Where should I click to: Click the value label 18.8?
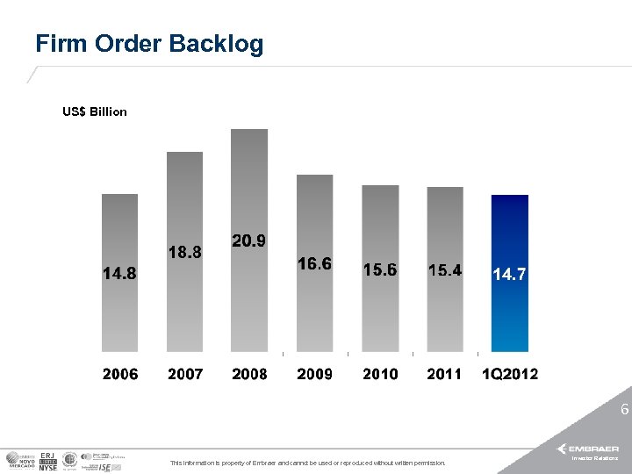[x=184, y=252]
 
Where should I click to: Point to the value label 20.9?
[x=249, y=241]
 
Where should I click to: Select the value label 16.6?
[x=314, y=263]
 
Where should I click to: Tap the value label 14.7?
[x=509, y=275]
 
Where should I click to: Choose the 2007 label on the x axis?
[x=185, y=374]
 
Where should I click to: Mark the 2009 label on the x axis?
[x=314, y=374]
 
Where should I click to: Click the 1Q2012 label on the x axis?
[x=510, y=374]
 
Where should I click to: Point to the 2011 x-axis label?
[x=444, y=374]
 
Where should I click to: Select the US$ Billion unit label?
[x=95, y=111]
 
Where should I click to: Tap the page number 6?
[x=624, y=409]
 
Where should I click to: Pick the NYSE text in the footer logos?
[x=48, y=468]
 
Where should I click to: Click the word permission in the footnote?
[x=427, y=463]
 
